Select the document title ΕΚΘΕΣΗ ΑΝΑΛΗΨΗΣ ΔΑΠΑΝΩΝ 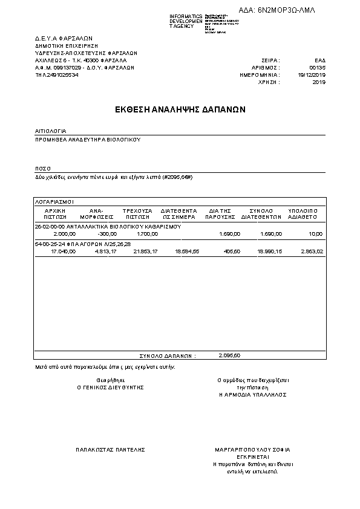[180, 110]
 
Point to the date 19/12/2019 [312, 74]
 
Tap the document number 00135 [318, 68]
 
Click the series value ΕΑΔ [320, 60]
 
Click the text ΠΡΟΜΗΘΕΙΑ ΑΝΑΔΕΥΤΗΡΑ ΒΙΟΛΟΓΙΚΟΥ [88, 139]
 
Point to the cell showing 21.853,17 [145, 250]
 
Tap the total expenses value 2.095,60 [229, 355]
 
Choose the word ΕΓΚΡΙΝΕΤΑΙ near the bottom [253, 457]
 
